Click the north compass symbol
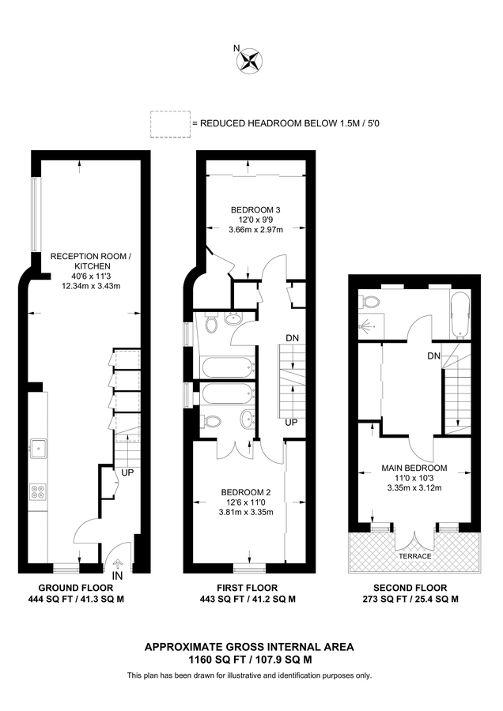(x=251, y=61)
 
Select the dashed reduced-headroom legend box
(x=168, y=124)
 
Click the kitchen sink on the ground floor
(x=37, y=448)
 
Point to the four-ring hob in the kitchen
(x=37, y=491)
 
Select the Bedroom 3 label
(x=251, y=209)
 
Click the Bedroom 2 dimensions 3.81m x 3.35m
(x=245, y=512)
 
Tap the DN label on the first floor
(x=291, y=339)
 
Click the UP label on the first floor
(x=291, y=423)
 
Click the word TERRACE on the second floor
(x=414, y=556)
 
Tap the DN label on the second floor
(x=433, y=356)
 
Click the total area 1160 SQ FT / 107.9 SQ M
(x=249, y=658)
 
